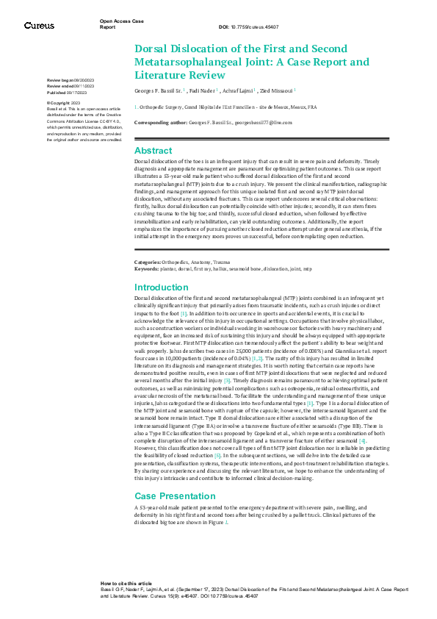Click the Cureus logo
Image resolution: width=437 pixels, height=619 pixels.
(39, 25)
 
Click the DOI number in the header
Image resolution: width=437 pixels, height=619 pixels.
(249, 26)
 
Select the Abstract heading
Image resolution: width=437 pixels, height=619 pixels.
(154, 150)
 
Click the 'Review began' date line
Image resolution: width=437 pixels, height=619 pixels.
(65, 79)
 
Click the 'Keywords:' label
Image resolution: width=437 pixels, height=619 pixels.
(148, 270)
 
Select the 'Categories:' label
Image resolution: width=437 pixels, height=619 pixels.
(150, 262)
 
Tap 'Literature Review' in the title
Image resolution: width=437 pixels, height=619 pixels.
(181, 74)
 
